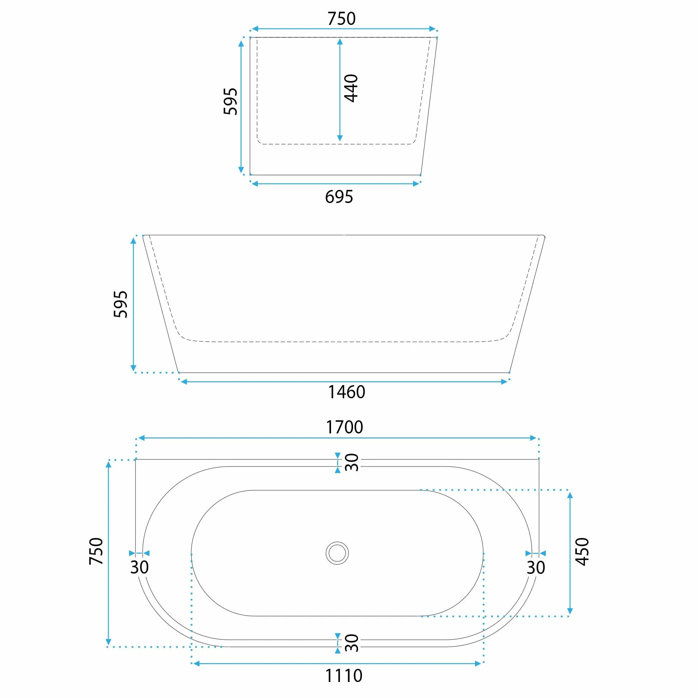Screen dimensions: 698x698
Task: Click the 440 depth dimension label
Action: [351, 88]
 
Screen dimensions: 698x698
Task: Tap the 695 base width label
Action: [339, 197]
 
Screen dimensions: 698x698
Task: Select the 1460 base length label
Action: [346, 392]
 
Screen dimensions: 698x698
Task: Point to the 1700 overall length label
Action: [344, 427]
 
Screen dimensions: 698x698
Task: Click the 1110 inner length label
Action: [343, 676]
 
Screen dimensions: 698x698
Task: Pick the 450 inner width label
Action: [582, 552]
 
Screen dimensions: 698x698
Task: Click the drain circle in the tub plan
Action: [337, 553]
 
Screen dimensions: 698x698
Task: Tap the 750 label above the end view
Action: [341, 18]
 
